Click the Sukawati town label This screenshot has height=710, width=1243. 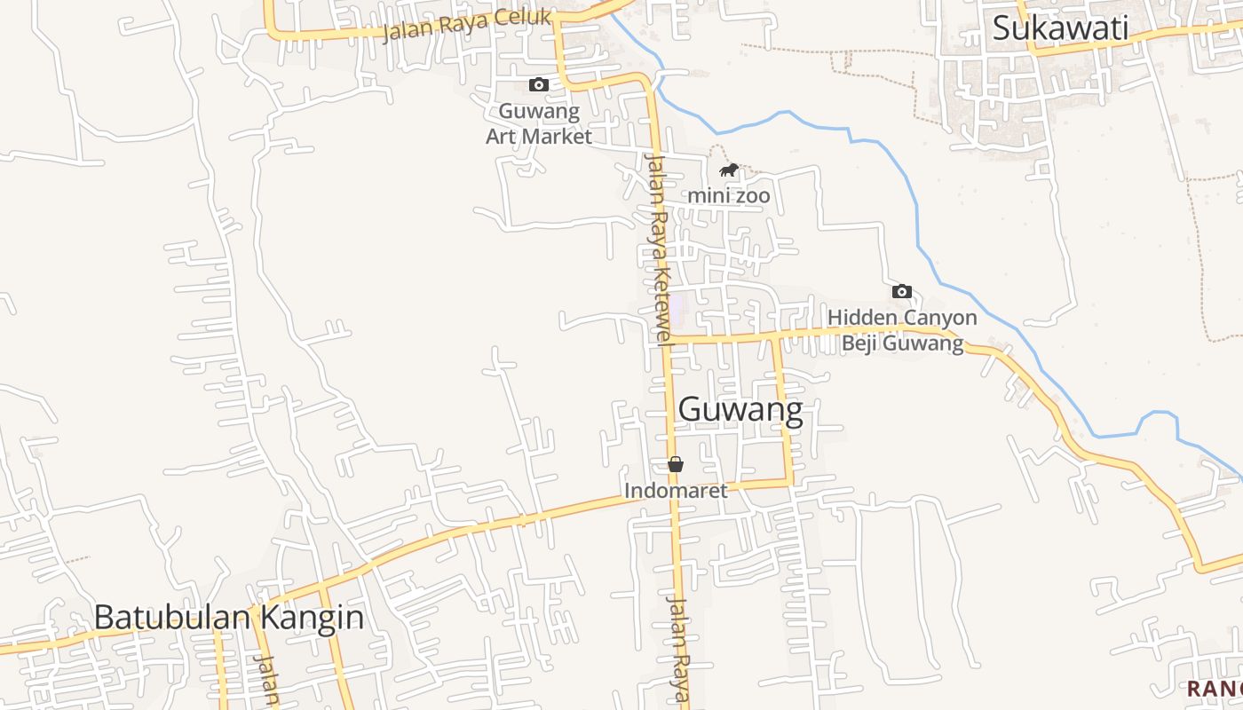pos(1060,28)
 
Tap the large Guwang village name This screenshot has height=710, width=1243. pos(740,410)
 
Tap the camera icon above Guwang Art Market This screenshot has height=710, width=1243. pos(539,85)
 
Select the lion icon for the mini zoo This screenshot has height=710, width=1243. pos(729,170)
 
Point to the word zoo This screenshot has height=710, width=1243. pos(751,194)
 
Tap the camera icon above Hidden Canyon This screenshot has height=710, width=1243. pos(902,291)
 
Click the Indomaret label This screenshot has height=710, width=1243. pos(676,490)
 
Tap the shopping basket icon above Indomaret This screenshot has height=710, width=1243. pos(676,464)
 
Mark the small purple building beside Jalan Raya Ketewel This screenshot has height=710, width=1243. pos(677,310)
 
